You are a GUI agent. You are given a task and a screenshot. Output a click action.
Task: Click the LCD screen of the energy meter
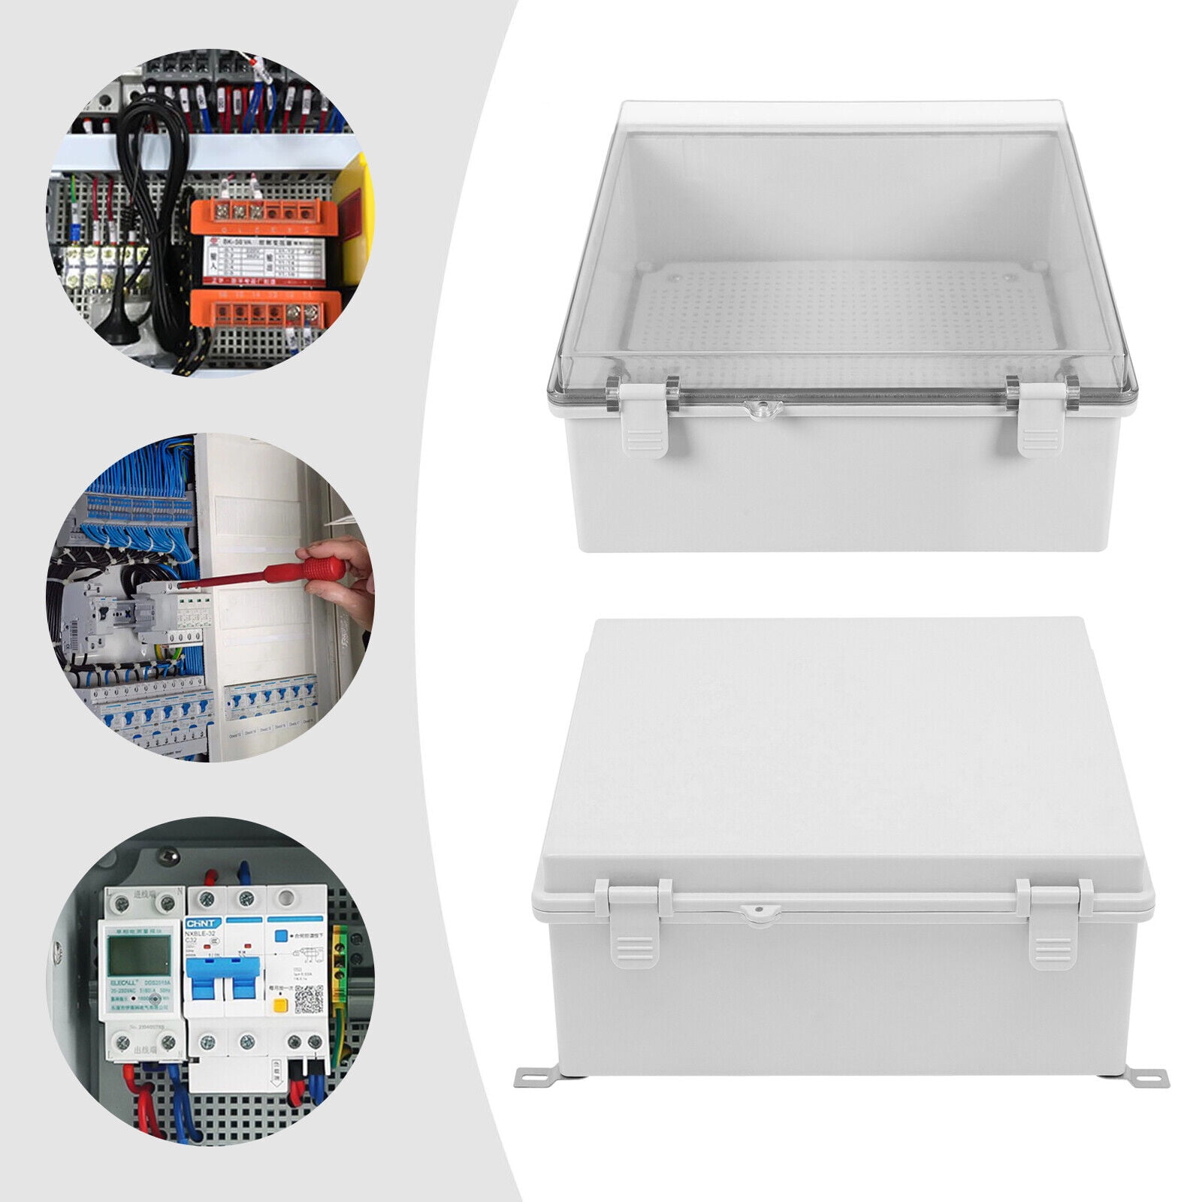[x=139, y=956]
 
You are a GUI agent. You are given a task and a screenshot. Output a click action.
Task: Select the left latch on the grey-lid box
[x=634, y=923]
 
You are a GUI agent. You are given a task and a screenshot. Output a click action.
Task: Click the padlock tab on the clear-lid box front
[x=762, y=408]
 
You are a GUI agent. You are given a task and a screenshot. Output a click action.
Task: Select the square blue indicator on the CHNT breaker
[x=282, y=936]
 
